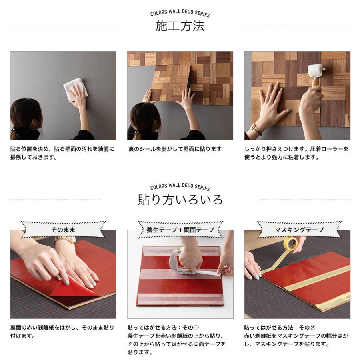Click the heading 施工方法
pos(180,26)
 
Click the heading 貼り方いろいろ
pos(180,199)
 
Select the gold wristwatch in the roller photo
pos(256,130)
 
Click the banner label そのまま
pos(63,230)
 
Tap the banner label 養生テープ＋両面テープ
pos(180,230)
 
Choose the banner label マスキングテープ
pos(299,230)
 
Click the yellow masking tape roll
pos(290,244)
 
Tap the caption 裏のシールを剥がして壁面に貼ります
pos(175,149)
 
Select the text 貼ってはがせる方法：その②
pos(282,328)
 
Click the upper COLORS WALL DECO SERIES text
pos(180,13)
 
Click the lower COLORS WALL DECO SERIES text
pos(180,186)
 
